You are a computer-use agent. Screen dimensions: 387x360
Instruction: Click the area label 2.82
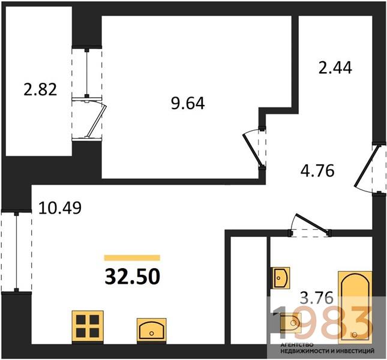coord(40,89)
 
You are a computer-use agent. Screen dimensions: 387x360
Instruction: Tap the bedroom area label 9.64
coord(188,103)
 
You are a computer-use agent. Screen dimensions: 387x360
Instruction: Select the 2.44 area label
coord(335,68)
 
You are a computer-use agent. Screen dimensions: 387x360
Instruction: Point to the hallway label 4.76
coord(317,171)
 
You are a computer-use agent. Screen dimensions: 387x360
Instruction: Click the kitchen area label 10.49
coord(60,208)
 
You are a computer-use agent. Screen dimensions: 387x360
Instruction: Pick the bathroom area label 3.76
coord(316,298)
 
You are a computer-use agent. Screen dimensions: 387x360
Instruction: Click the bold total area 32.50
coord(133,277)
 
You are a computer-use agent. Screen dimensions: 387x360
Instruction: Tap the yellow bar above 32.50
coord(132,258)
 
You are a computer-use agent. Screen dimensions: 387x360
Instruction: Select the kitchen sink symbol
coord(152,331)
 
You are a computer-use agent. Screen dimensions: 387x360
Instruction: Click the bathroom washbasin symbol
coord(281,278)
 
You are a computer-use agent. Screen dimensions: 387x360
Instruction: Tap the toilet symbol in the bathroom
coord(290,323)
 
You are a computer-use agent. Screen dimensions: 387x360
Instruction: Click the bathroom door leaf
coord(313,223)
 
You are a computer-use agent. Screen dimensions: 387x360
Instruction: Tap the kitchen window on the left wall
coord(17,251)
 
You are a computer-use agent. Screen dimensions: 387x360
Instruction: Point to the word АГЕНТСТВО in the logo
coord(297,345)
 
